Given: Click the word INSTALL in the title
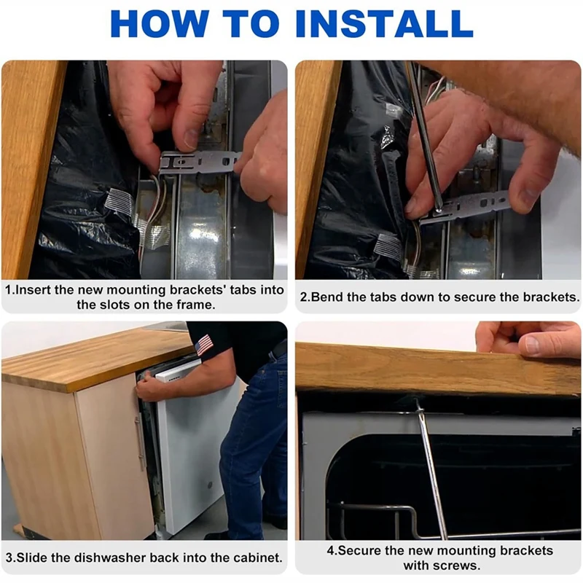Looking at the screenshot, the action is (384, 23).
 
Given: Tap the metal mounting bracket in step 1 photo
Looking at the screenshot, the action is (200, 162).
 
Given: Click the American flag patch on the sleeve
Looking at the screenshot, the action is (204, 345).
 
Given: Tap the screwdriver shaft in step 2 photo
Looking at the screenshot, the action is (423, 138).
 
